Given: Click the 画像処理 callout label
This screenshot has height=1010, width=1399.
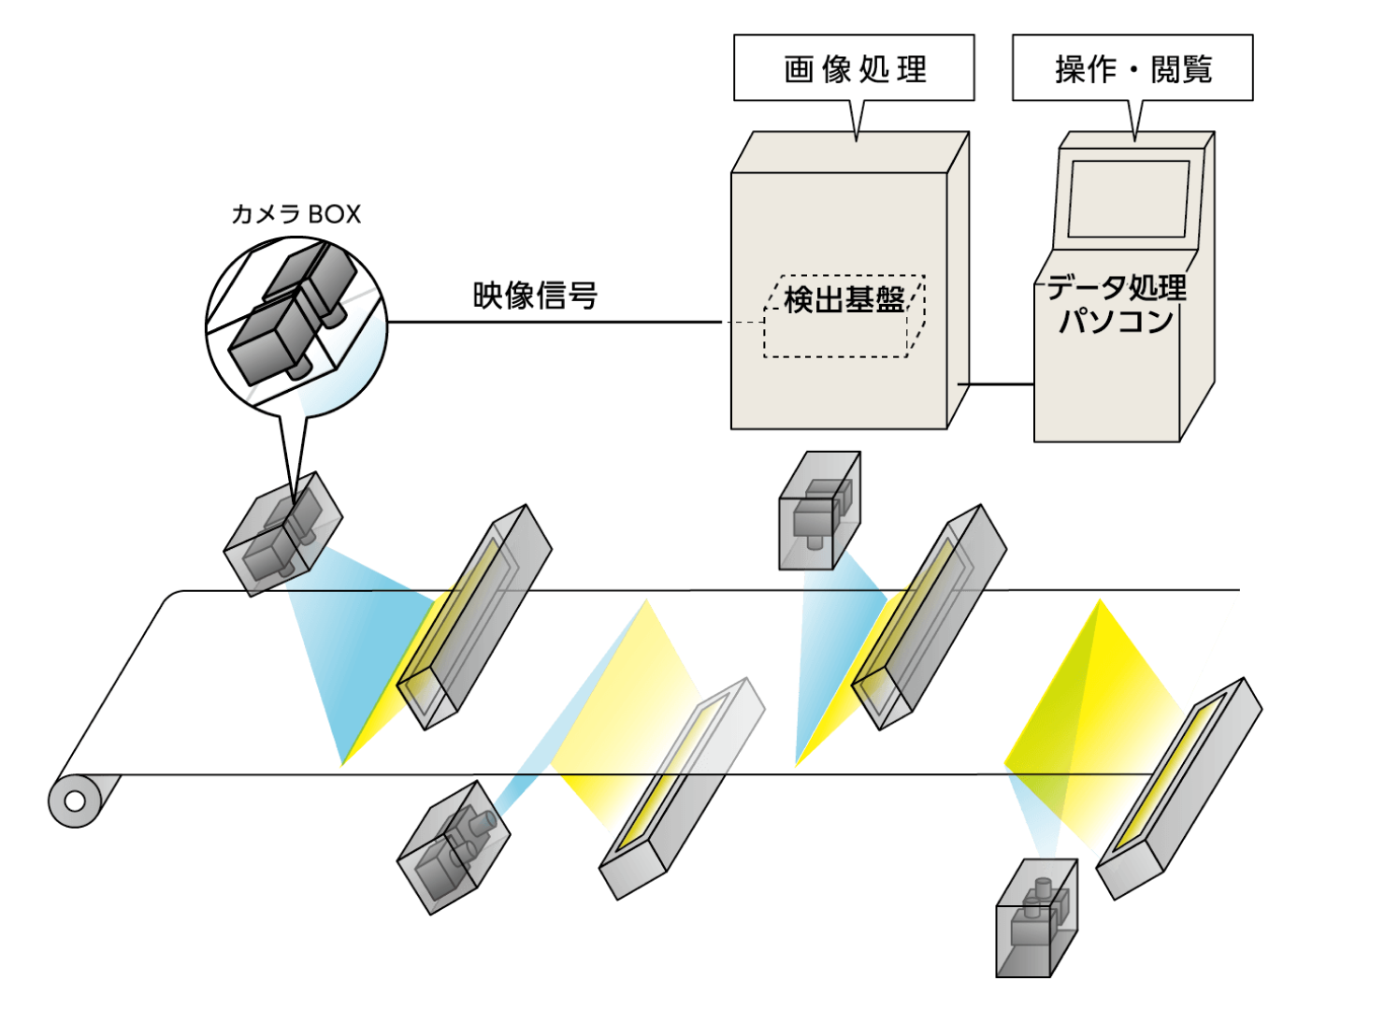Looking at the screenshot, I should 854,68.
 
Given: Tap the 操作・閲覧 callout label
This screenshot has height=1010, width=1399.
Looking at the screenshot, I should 1132,68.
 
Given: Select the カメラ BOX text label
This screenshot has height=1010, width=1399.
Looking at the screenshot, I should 296,214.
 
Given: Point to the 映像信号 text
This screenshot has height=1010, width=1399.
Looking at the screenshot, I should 535,296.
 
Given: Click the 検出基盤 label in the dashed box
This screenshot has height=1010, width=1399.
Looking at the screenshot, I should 844,299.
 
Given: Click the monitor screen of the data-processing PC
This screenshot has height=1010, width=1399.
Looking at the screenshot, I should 1129,198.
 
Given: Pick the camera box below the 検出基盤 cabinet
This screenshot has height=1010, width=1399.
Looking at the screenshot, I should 819,511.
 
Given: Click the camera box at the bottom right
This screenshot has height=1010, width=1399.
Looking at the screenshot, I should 1036,918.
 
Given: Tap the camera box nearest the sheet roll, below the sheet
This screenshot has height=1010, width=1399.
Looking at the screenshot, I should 454,847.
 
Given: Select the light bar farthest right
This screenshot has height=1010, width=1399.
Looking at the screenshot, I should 1178,787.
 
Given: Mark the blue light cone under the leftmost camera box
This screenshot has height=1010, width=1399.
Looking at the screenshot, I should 346,655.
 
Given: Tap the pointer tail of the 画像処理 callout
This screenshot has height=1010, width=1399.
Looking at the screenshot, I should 858,120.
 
